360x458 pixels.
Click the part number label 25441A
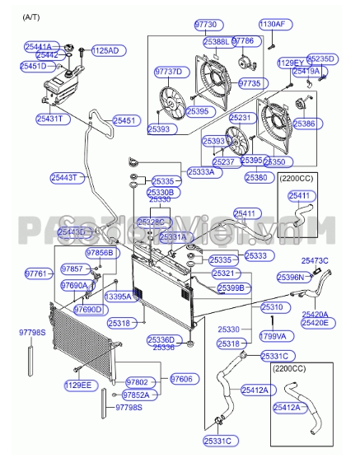pyautogui.click(x=38, y=47)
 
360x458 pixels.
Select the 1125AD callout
pyautogui.click(x=105, y=50)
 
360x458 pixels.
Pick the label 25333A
pyautogui.click(x=200, y=173)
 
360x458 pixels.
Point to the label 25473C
pyautogui.click(x=315, y=261)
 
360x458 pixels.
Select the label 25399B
pyautogui.click(x=231, y=288)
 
